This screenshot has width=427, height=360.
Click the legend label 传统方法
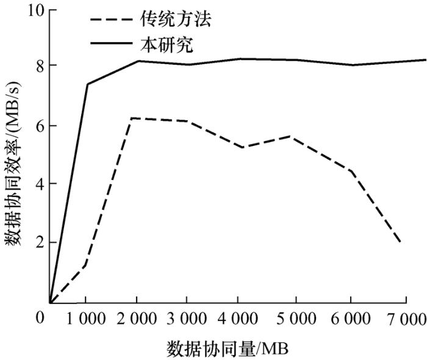coord(181,21)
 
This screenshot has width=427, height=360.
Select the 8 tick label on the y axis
coord(37,65)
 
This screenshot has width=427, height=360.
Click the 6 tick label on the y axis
coord(37,125)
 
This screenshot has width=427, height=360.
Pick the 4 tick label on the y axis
coord(37,184)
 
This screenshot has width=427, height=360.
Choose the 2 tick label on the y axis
coord(37,242)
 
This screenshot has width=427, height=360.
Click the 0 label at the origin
coord(41,318)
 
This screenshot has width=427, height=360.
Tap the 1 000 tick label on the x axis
coord(85,319)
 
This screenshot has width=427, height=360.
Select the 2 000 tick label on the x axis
coord(138,319)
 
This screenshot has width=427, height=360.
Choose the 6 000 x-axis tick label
coord(350,319)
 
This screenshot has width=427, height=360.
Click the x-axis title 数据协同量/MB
coord(227,349)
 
